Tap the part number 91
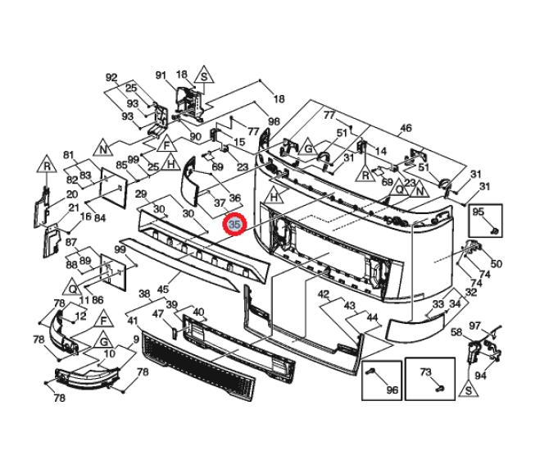(x=161, y=75)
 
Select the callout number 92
(x=111, y=78)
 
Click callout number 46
(x=406, y=128)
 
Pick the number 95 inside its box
(x=479, y=212)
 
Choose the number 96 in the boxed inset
(x=392, y=390)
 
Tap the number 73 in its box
(x=426, y=371)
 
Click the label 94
(x=481, y=376)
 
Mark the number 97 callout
(x=497, y=326)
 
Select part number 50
(x=497, y=263)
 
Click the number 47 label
(x=158, y=313)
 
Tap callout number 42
(x=324, y=294)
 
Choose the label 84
(x=100, y=218)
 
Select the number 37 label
(x=219, y=203)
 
